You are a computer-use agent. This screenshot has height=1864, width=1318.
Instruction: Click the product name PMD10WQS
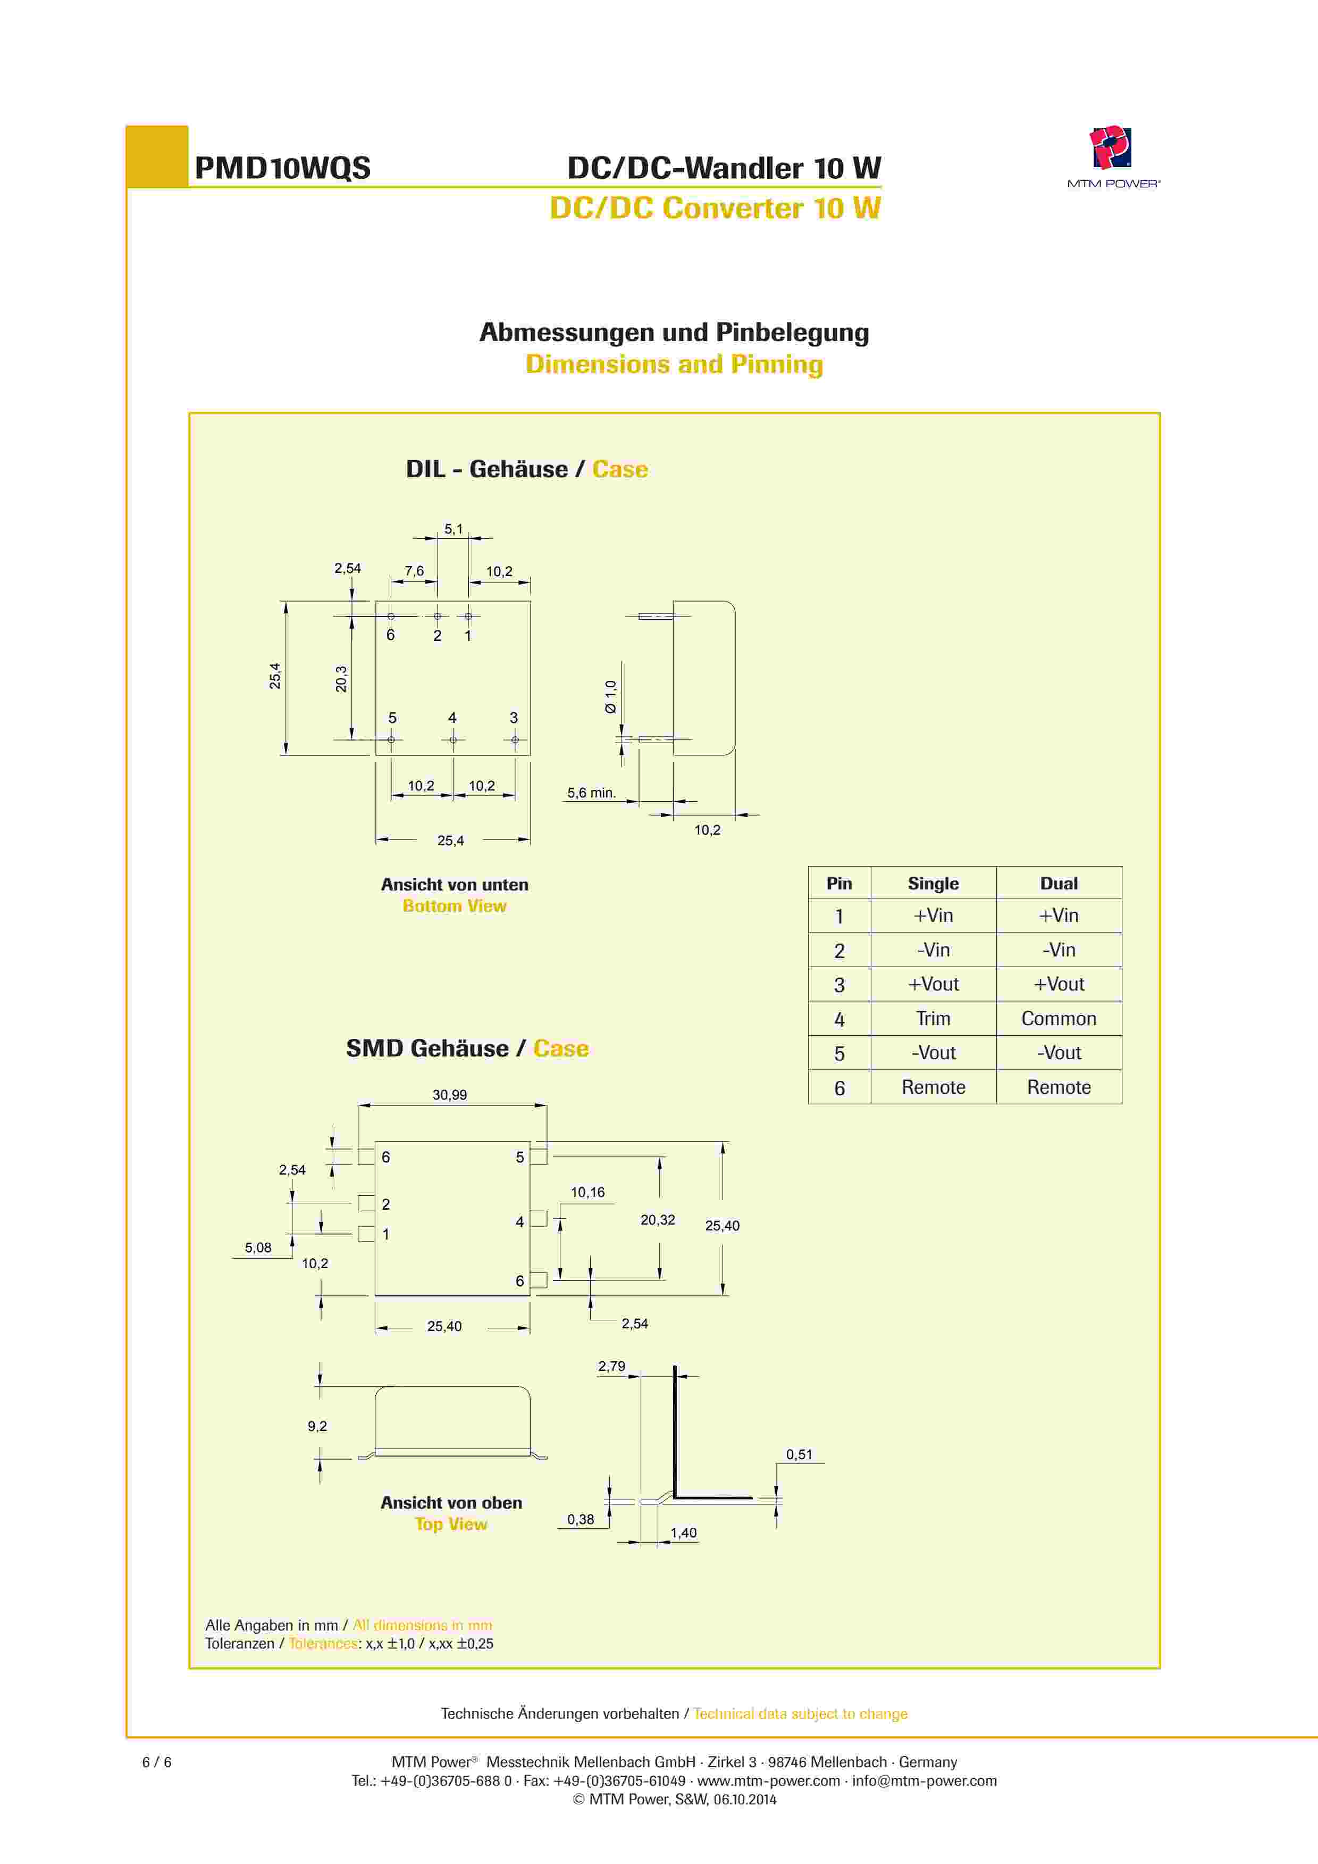[282, 168]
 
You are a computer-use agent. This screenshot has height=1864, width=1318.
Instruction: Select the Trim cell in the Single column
[933, 1018]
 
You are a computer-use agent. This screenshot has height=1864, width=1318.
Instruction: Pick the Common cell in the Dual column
[1059, 1018]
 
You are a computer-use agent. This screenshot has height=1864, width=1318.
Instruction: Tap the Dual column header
[1059, 883]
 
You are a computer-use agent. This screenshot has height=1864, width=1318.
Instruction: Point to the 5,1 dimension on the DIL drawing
[453, 529]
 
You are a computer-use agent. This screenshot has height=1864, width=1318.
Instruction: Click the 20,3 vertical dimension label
[341, 679]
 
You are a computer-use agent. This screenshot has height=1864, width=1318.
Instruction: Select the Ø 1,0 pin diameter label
[610, 696]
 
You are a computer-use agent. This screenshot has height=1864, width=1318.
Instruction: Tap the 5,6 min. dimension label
[591, 793]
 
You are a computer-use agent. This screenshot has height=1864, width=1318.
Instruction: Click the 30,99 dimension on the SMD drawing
[450, 1094]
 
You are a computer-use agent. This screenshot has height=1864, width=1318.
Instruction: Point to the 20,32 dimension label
[657, 1219]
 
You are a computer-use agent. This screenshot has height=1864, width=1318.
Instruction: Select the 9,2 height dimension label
[317, 1426]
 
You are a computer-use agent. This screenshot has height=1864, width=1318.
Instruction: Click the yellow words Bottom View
[455, 906]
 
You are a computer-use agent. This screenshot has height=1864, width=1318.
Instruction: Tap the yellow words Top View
[451, 1524]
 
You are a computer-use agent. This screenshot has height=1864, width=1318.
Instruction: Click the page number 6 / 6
[157, 1762]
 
